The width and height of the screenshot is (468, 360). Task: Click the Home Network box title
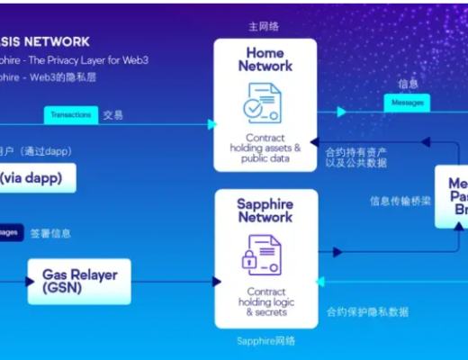[x=265, y=58]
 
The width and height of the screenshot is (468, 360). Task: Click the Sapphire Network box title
[x=265, y=211]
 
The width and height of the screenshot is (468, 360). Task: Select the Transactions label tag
[x=70, y=115]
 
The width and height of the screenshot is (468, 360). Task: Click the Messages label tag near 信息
[x=407, y=103]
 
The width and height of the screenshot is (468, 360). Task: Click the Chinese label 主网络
[x=263, y=27]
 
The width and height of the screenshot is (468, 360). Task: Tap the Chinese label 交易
[x=113, y=115]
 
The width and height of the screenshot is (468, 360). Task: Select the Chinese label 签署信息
[x=50, y=233]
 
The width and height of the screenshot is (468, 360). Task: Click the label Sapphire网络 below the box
[x=265, y=341]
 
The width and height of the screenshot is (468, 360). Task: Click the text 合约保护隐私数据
[x=367, y=312]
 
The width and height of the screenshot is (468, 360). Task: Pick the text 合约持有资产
[x=355, y=154]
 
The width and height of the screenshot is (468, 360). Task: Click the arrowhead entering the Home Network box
[x=213, y=124]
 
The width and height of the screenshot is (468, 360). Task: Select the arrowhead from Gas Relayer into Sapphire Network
[x=216, y=282]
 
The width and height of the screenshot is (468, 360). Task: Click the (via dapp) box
[x=36, y=177]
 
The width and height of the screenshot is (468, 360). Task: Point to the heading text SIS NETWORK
[x=49, y=41]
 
